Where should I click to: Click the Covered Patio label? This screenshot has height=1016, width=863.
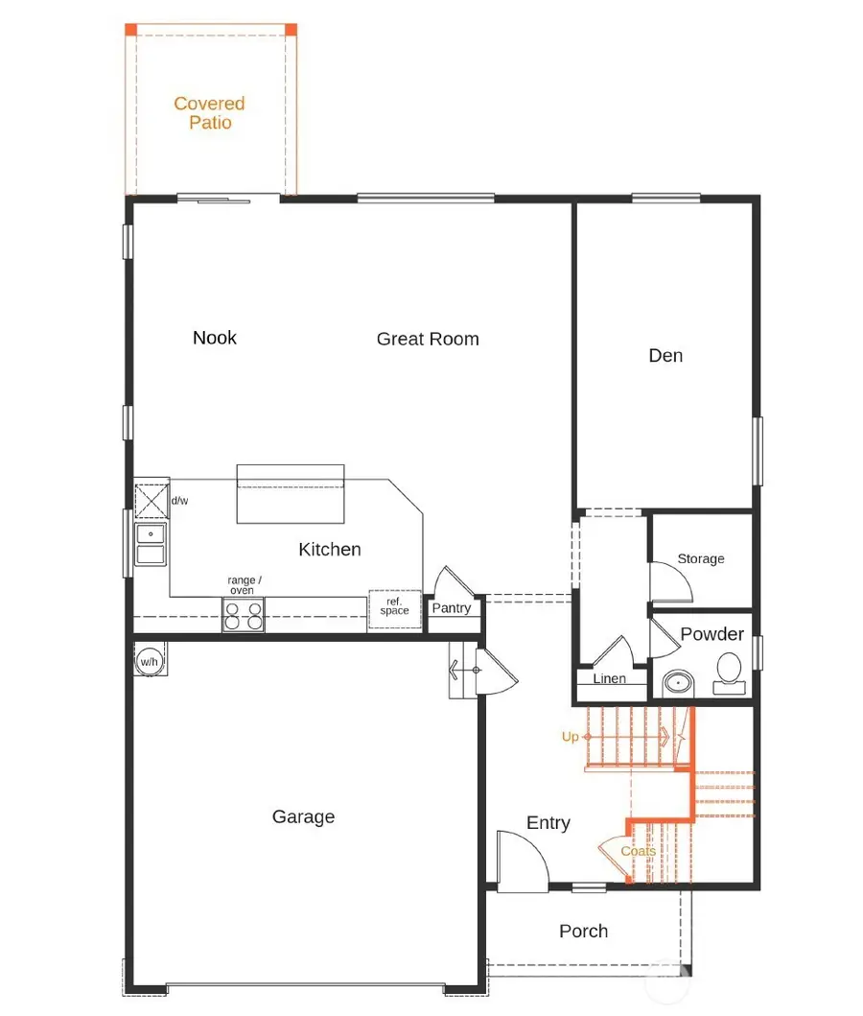coord(209,113)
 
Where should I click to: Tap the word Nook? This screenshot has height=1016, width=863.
coord(215,337)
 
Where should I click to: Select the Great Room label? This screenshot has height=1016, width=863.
coord(428,339)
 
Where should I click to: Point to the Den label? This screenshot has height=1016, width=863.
coord(665,355)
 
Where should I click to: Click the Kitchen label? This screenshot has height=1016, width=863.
coord(330,549)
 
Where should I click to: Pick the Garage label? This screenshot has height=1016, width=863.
coord(303,816)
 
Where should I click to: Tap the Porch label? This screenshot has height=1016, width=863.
coord(583,931)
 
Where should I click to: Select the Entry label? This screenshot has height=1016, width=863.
coord(548,822)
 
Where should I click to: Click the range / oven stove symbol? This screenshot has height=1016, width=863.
coord(243,614)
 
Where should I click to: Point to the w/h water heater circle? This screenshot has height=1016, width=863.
coord(149,661)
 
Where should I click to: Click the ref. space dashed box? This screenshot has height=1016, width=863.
coord(395,608)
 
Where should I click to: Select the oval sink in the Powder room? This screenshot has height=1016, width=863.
coord(680,684)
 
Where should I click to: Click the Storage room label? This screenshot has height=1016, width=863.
coord(701,558)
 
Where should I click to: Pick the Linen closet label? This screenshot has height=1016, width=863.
coord(610,678)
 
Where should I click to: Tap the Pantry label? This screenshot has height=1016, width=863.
coord(451,608)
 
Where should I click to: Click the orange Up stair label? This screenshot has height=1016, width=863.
coord(571,737)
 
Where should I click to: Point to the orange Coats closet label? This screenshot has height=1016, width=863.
coord(638,851)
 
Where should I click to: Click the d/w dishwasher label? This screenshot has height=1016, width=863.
coord(179,501)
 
